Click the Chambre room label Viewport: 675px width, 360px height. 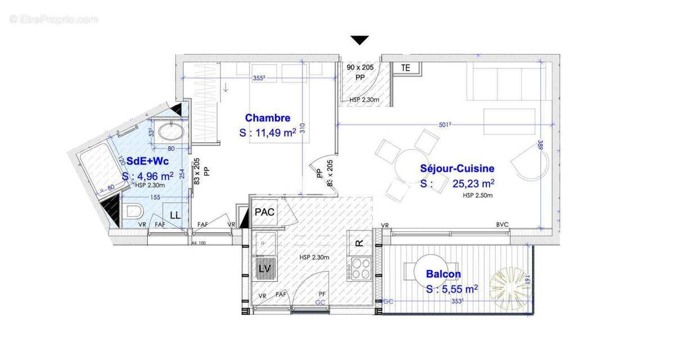(x=268, y=118)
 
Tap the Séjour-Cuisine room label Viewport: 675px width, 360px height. (x=457, y=168)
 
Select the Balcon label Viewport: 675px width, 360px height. (x=443, y=274)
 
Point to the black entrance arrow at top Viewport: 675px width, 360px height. (x=360, y=40)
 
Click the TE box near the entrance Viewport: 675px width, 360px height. (x=405, y=67)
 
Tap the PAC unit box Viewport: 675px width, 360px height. (x=264, y=212)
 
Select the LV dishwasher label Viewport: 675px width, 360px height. (x=264, y=269)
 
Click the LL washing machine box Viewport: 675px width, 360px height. (x=175, y=215)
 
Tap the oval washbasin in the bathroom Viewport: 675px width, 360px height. (x=170, y=132)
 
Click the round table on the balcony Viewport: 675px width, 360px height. (x=430, y=273)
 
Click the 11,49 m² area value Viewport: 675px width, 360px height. (x=267, y=133)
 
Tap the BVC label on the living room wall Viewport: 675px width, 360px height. (x=502, y=224)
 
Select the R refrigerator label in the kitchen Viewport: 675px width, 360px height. (x=358, y=242)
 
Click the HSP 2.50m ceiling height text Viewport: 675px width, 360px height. (x=478, y=196)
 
